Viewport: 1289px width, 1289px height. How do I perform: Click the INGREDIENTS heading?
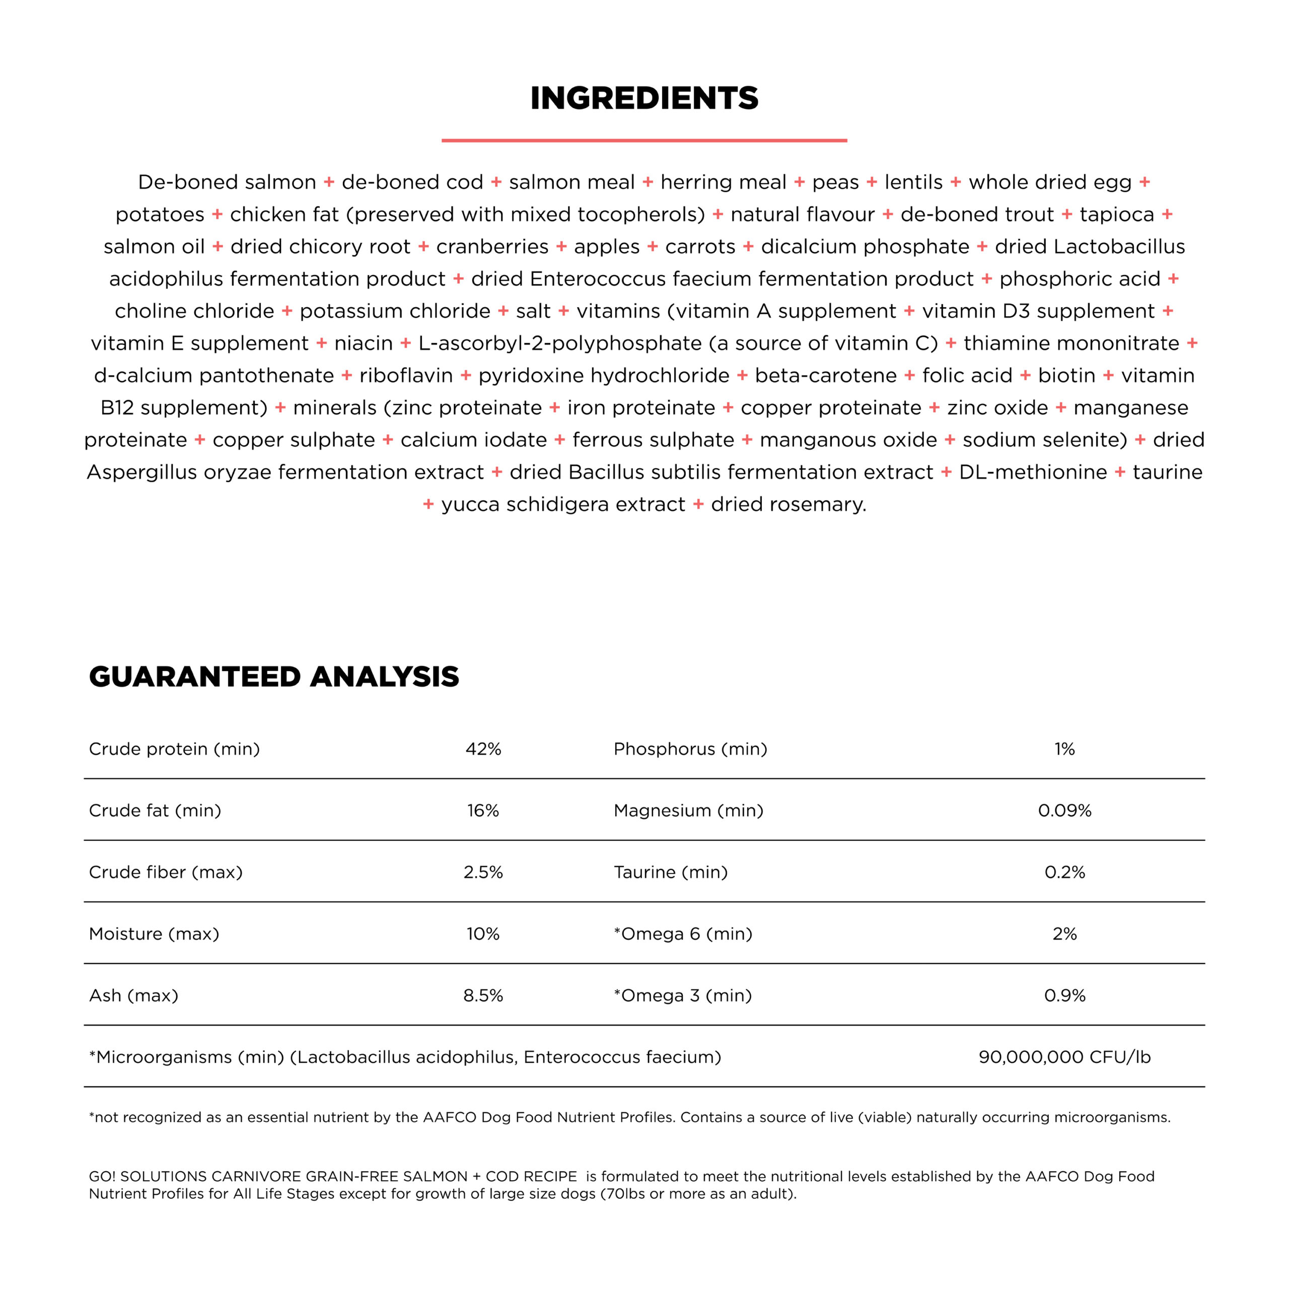[644, 98]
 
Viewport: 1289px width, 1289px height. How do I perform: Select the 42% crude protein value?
[483, 749]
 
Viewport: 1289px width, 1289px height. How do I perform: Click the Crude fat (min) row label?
[155, 811]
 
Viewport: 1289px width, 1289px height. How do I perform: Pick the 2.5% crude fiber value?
[483, 872]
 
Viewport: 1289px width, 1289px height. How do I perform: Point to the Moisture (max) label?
[154, 934]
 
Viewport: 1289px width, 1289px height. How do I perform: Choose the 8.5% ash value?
[483, 995]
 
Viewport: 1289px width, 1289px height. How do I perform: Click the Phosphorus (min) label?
[690, 749]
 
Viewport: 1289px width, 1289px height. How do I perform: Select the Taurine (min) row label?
[671, 872]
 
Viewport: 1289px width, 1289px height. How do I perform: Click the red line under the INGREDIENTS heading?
[644, 141]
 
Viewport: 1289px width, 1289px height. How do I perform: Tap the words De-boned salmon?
[227, 182]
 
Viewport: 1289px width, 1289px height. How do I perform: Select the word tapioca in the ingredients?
[1117, 215]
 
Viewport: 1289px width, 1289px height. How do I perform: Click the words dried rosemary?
[788, 505]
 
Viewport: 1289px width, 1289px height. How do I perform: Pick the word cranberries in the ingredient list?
[492, 247]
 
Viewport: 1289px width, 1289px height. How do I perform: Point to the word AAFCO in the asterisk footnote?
[450, 1117]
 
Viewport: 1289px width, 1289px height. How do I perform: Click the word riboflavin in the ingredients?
[406, 376]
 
